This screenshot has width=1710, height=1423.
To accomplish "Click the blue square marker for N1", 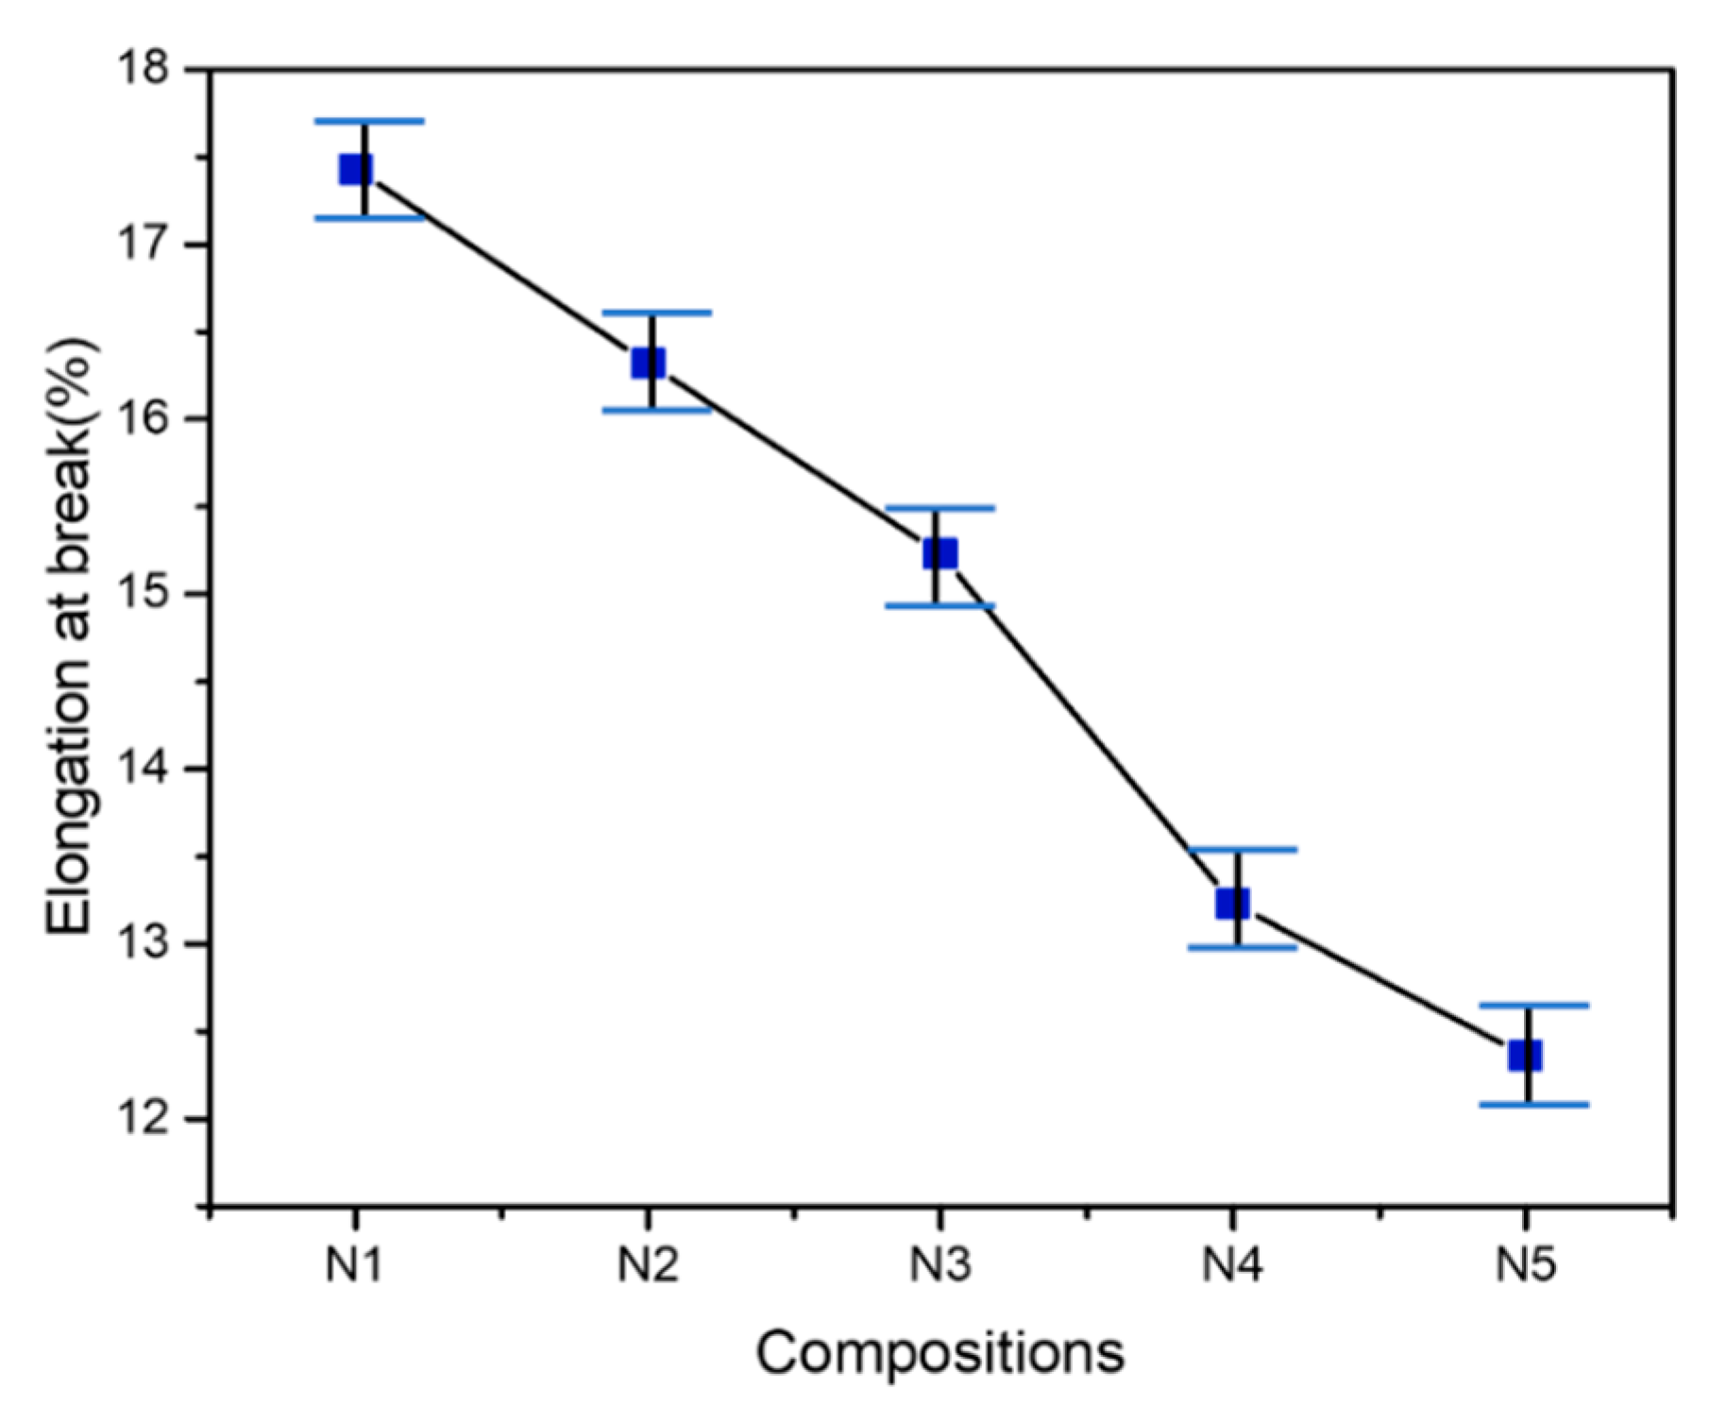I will coord(356,169).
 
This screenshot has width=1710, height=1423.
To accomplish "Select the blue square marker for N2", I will coord(649,363).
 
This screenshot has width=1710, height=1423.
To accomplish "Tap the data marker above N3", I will coord(940,553).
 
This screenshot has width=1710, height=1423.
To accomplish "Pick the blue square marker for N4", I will coord(1233,904).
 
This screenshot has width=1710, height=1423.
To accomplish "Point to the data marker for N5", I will coord(1525,1056).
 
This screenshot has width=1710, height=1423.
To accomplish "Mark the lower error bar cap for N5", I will coord(1533,1104).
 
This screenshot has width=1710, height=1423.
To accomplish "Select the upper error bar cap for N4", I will coord(1242,850).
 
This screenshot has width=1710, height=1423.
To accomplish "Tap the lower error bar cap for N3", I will coord(940,606).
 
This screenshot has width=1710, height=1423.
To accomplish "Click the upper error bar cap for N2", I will coord(656,312).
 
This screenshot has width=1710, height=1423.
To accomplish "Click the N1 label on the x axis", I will coord(354,1264).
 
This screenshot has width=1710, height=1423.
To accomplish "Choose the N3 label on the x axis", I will coord(940,1264).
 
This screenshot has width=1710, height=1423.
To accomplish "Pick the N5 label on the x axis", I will coord(1524,1264).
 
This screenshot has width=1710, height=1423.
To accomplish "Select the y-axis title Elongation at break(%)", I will coord(71,636).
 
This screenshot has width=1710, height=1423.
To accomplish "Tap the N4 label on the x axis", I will coord(1232,1264).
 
